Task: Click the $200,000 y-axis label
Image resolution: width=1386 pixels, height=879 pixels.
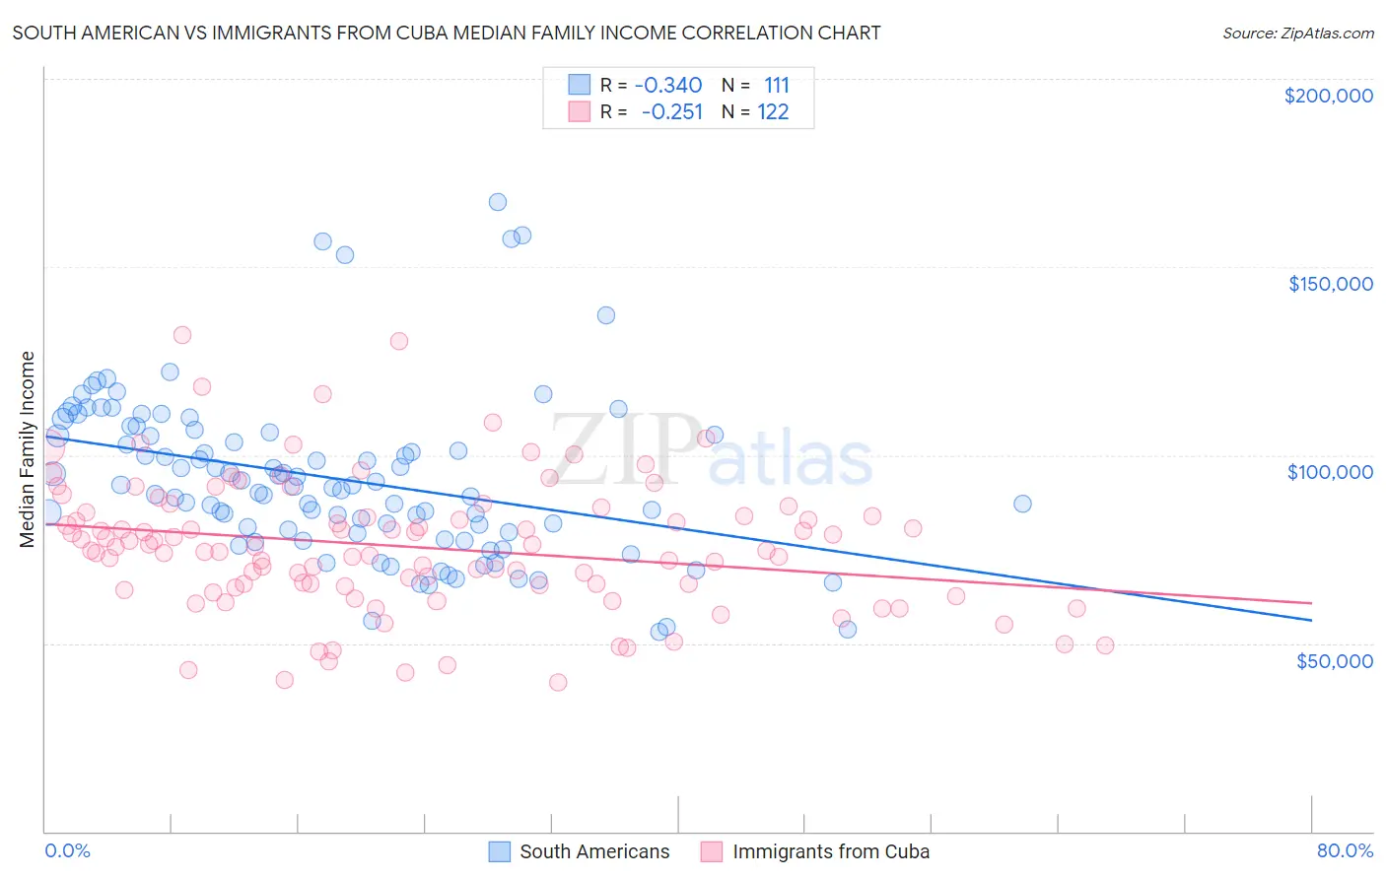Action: tap(1328, 96)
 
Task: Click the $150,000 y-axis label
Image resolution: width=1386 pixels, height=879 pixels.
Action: tap(1330, 284)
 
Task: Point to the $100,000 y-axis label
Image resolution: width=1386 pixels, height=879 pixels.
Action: tap(1330, 472)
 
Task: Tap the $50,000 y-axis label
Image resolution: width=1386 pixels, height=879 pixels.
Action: tap(1334, 660)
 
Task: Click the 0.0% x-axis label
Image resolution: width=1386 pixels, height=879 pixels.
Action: tap(67, 851)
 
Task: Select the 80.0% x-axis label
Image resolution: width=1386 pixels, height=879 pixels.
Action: tap(1345, 851)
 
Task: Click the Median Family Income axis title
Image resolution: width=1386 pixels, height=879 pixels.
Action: tap(27, 449)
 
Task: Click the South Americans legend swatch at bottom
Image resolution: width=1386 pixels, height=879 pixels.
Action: tap(500, 851)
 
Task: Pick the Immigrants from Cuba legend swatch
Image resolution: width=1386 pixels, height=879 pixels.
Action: tap(712, 851)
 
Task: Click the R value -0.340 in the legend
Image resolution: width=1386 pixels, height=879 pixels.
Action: tap(668, 86)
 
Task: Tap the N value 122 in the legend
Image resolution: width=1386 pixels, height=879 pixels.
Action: tap(773, 112)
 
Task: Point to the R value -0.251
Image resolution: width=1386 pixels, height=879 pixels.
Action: tap(671, 112)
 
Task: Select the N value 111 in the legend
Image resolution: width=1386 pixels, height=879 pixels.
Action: tap(777, 86)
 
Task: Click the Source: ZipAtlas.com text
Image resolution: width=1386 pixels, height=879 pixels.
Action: tap(1297, 34)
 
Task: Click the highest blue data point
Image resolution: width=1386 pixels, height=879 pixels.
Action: tap(498, 202)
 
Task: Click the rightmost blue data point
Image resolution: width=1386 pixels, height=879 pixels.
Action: tap(1022, 504)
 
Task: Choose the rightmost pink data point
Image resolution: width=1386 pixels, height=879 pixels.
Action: tap(1104, 645)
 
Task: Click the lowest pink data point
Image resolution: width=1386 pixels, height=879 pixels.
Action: tap(558, 682)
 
